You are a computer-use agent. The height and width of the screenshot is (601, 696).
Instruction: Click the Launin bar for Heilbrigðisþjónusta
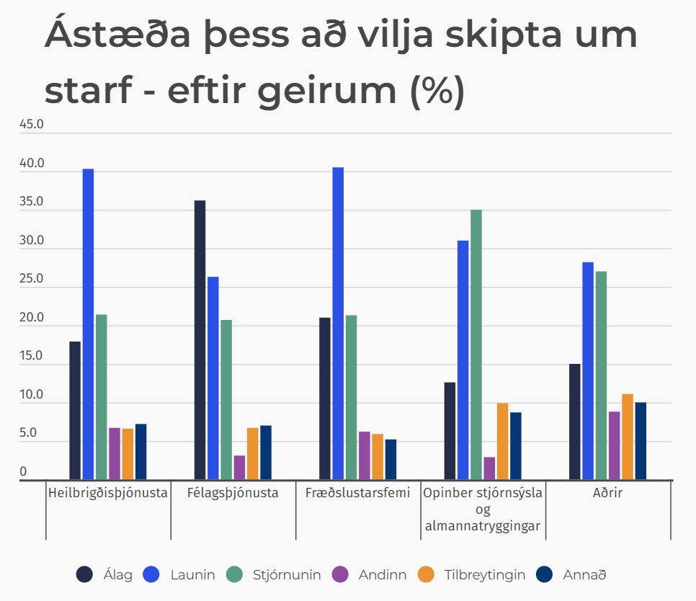pos(88,324)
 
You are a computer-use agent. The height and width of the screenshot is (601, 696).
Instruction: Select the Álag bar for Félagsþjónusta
pos(200,339)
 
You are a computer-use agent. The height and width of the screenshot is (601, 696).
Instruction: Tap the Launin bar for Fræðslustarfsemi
pos(338,324)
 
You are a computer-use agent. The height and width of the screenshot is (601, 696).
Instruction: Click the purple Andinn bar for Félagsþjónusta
pos(239,468)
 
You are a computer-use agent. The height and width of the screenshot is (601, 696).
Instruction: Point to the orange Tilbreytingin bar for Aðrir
pos(628,437)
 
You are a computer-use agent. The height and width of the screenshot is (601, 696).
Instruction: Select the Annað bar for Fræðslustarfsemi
pos(391,460)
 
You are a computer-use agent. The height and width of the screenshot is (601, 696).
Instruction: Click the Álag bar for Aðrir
pos(575,422)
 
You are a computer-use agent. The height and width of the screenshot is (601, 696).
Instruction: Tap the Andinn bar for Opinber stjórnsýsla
pos(489,468)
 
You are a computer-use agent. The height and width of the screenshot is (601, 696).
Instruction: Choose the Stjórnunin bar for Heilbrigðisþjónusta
pos(101,397)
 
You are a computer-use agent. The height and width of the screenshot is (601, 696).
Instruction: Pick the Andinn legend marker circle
pos(342,575)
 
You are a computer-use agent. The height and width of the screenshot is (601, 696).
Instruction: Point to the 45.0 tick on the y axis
pos(32,124)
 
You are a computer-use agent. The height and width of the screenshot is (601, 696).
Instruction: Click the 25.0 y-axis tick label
pos(32,279)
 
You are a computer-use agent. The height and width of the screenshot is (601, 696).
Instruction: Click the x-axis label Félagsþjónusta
pos(233,494)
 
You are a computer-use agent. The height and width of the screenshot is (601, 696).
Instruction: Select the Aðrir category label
pos(608,494)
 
